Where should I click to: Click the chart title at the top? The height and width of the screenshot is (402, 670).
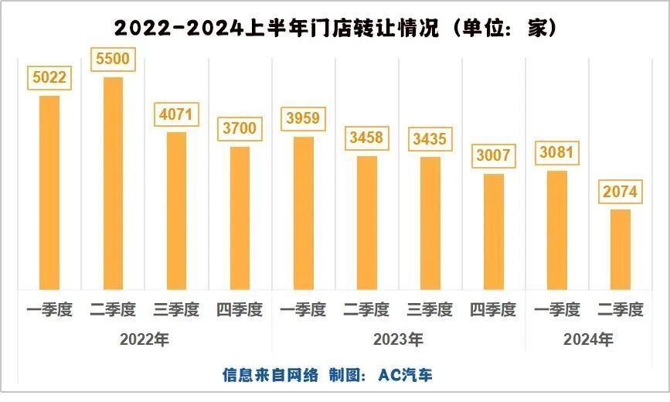point(335,27)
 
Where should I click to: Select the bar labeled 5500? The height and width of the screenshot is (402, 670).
point(113,182)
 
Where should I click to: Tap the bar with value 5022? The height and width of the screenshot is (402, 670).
point(49,192)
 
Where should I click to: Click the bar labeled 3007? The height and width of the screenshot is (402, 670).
point(493,231)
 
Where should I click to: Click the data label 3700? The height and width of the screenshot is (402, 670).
point(240,128)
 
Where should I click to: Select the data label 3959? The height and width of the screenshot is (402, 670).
point(303,119)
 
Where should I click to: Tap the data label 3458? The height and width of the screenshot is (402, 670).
point(366,139)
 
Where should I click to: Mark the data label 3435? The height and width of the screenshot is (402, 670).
point(430,140)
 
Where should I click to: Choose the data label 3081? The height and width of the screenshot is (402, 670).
point(556,152)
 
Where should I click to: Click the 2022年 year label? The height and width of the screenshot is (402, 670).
point(145,339)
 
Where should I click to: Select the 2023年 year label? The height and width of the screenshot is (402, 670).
point(398,339)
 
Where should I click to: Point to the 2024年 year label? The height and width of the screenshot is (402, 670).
point(588,339)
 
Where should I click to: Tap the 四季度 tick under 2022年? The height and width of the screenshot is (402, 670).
point(240,310)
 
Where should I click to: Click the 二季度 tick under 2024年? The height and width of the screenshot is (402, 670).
point(620,310)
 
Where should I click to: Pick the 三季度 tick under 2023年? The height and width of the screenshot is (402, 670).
point(430,310)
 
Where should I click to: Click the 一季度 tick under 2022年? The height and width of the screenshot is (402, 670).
point(49,310)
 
